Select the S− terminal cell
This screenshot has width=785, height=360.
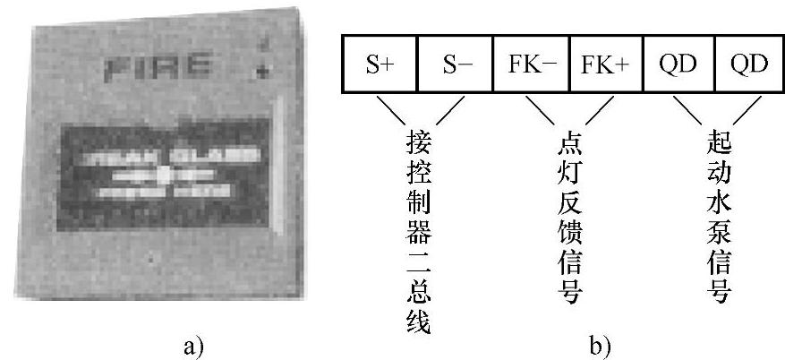pyautogui.click(x=455, y=65)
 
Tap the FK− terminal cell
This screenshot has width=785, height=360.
pyautogui.click(x=530, y=65)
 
